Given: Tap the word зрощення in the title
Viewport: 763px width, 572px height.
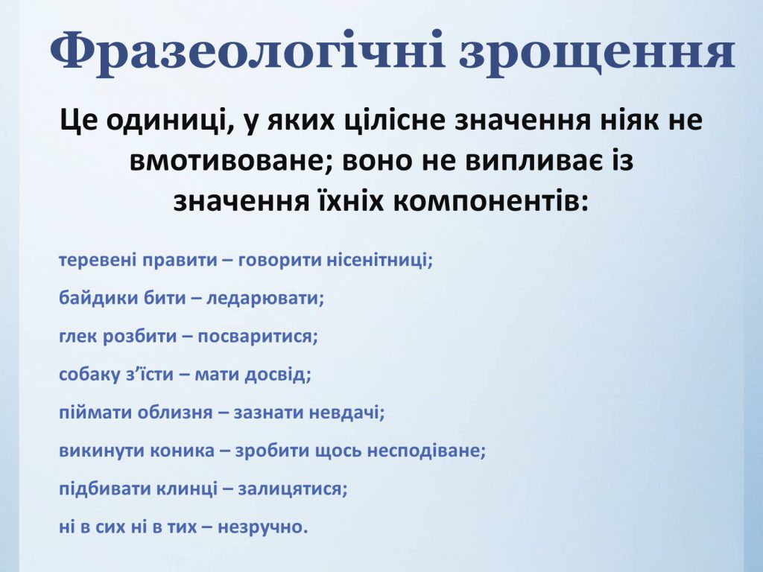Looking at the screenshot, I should (597, 51).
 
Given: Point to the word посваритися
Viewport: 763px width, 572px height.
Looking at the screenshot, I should (260, 336).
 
